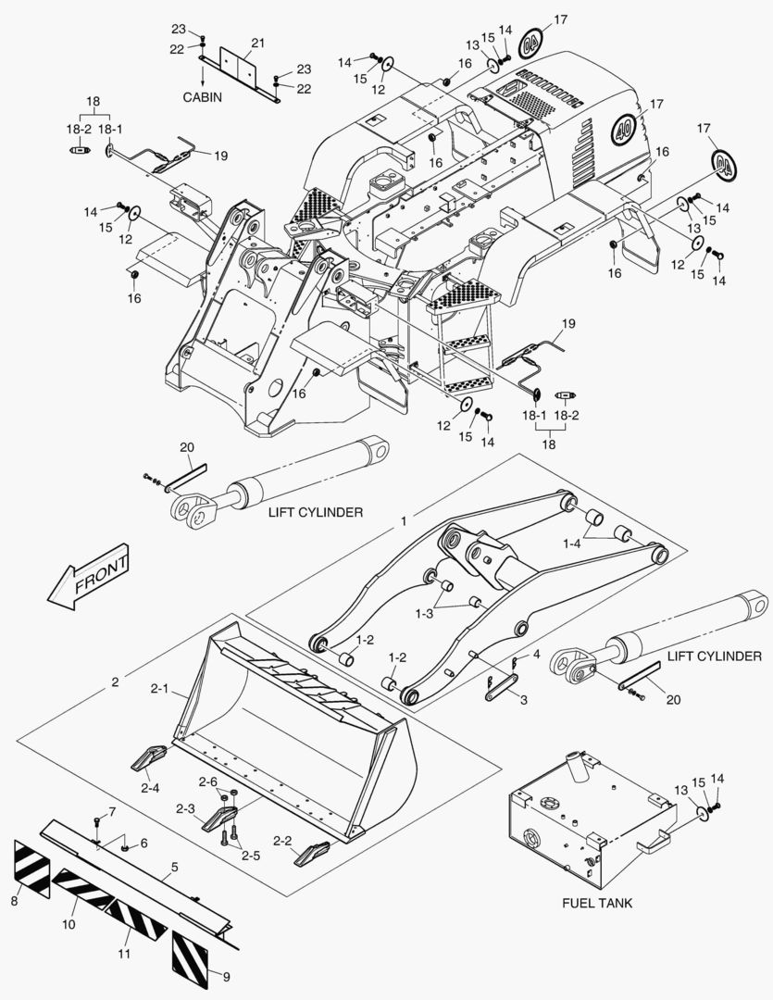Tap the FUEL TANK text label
coord(597,903)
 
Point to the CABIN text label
coord(201,97)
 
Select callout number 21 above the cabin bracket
coord(257,44)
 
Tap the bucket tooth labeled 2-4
coord(149,759)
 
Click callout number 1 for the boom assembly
coord(403,522)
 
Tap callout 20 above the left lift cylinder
coord(186,447)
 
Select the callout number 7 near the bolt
coord(112,812)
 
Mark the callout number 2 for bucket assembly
coord(115,682)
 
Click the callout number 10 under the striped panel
coord(69,925)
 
